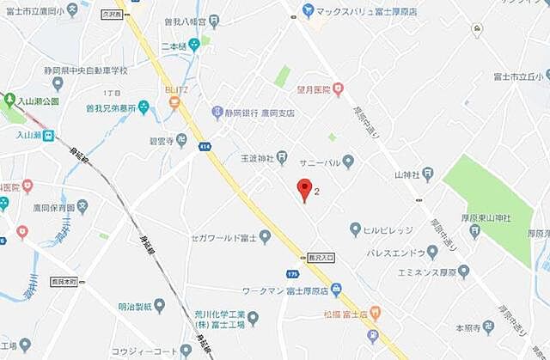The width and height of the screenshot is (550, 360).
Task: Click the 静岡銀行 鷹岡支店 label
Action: point(259,113)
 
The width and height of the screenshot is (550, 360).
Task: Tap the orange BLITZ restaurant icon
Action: point(174,104)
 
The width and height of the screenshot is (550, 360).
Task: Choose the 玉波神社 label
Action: point(256,159)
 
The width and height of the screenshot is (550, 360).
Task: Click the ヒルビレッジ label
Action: point(386,229)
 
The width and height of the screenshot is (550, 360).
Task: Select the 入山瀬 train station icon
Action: point(50,135)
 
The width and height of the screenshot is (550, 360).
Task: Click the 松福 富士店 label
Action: point(343,314)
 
